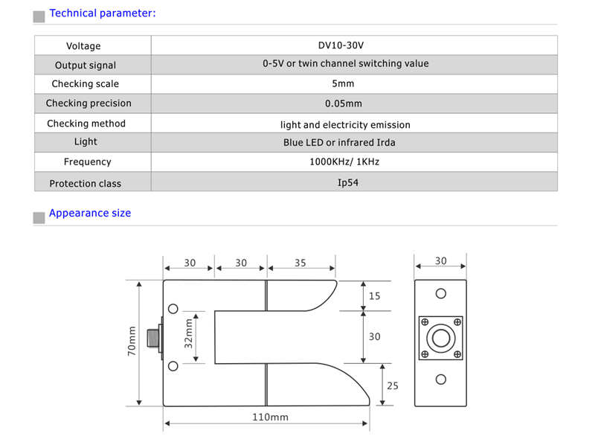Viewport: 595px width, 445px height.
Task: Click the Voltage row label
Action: (x=83, y=46)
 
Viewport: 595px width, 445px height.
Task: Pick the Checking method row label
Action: (x=86, y=124)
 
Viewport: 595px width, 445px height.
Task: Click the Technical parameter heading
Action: (x=103, y=13)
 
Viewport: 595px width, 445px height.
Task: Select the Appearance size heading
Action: (x=90, y=213)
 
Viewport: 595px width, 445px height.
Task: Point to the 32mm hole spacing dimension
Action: (x=188, y=334)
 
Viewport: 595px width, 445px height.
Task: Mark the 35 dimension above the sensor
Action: (x=300, y=263)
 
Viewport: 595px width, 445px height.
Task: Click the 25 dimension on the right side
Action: (x=393, y=385)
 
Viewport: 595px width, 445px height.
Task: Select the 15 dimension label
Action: (x=374, y=296)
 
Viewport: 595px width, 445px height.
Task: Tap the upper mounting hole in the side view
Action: (x=173, y=309)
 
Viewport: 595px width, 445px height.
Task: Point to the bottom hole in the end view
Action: (x=441, y=380)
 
